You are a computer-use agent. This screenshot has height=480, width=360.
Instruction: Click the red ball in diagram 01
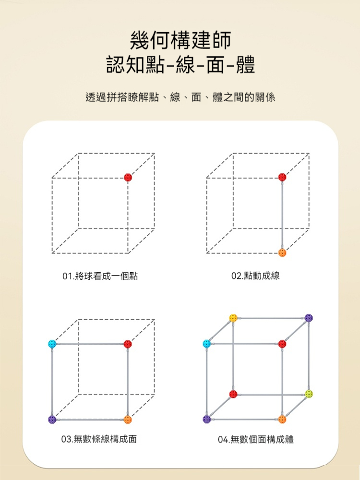pos(128,177)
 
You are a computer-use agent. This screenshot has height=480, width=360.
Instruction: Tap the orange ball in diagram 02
pos(282,253)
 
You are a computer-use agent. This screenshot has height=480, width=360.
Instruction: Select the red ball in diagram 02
pos(282,177)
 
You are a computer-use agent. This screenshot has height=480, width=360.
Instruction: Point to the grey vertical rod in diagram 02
pos(282,215)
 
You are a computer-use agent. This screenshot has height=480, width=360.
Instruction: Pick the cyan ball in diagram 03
pos(52,344)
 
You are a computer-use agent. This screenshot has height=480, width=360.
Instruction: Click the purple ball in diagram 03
pos(52,420)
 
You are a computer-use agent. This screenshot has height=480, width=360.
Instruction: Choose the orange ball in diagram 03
pos(128,420)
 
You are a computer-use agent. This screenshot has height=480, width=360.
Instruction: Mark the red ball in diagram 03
pos(128,344)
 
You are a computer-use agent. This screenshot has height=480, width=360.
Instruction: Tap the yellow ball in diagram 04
pos(233,318)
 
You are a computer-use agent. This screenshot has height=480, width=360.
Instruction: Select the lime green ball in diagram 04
pos(309,394)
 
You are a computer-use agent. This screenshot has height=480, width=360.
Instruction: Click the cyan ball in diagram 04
pos(207,344)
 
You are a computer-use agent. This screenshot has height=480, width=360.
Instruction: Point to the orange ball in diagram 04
pos(282,420)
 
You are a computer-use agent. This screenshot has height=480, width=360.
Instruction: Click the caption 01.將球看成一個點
pos(100,276)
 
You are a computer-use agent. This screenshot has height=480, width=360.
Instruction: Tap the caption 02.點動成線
pos(256,276)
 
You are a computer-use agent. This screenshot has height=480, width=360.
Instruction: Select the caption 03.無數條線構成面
pos(99,439)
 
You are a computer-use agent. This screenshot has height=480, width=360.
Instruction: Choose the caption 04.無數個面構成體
pos(256,440)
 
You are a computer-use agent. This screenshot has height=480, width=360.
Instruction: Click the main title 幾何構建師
pos(180,40)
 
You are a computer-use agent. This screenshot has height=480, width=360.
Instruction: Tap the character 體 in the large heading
pos(245,64)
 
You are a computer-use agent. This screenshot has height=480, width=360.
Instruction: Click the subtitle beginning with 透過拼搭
pos(180,97)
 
